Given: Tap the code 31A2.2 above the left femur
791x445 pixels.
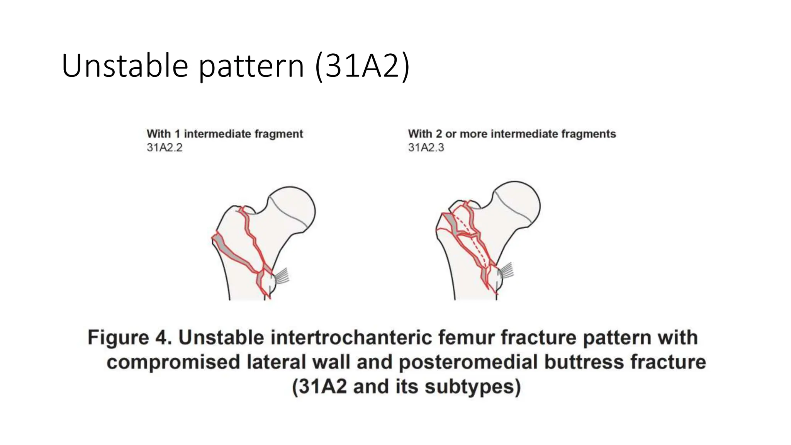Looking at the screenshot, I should pos(165,148).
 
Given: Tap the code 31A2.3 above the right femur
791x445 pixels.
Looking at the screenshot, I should pos(426,148).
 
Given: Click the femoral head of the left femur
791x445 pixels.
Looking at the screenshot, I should pos(294,209).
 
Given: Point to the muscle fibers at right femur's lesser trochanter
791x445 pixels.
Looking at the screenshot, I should pos(507,270).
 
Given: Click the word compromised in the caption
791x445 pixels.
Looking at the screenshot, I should pos(173,362).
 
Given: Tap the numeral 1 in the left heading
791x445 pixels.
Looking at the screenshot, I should pos(177,134).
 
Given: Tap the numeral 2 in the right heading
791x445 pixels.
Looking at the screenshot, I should pos(439,134).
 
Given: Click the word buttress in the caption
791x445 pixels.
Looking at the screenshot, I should pos(586,362).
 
